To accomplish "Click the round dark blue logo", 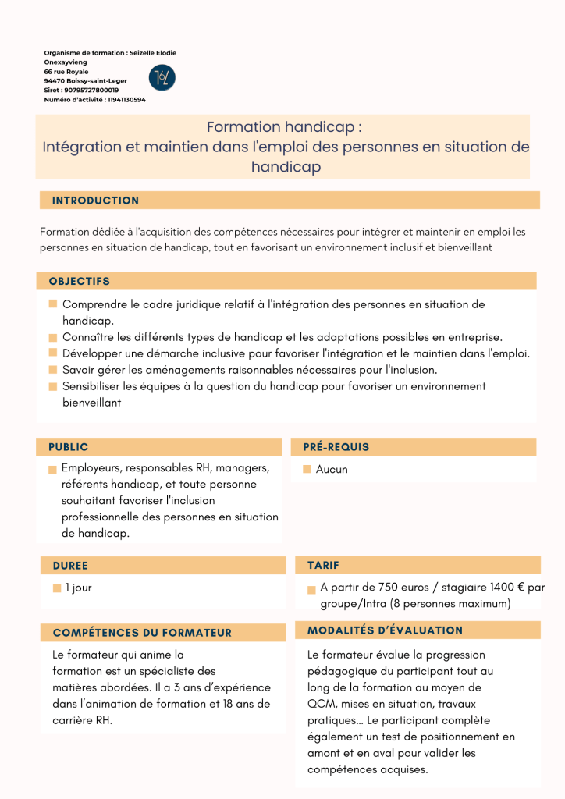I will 162,77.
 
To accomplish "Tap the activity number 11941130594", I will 126,100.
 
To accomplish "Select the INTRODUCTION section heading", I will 95,201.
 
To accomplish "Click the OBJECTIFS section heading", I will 79,281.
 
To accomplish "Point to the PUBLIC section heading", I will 68,447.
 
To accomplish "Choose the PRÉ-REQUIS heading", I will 336,447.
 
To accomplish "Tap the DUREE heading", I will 70,566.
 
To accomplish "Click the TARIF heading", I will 323,565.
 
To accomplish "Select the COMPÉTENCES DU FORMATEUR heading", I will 142,633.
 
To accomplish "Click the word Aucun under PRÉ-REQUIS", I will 332,470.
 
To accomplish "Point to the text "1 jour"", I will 78,588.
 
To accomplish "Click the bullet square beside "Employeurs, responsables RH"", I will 52,470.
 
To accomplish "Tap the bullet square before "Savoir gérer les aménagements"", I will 53,371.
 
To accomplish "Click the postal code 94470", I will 54,81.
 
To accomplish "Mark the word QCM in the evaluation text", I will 321,704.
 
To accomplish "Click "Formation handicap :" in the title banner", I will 284,127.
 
